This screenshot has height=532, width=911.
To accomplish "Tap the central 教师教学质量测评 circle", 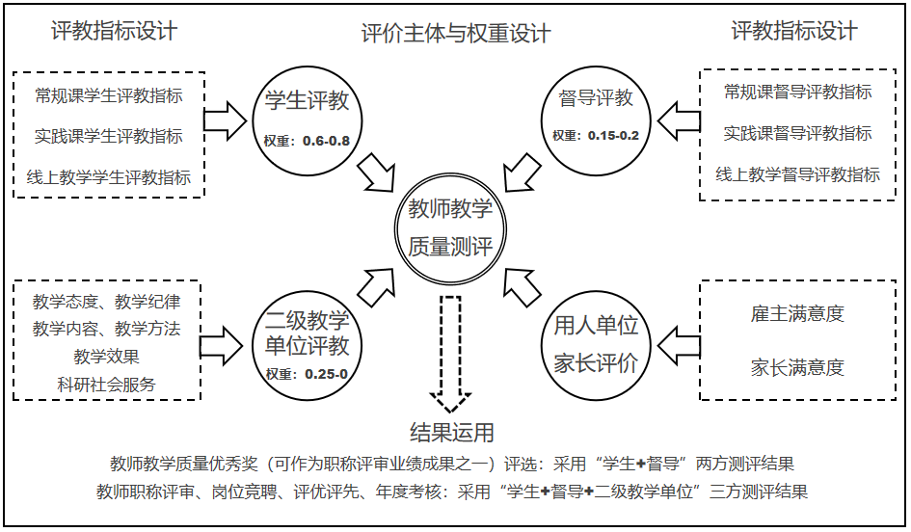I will click(450, 227).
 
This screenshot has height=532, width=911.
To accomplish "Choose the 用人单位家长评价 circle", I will click(595, 342).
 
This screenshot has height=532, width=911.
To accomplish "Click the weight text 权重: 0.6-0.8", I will click(307, 141).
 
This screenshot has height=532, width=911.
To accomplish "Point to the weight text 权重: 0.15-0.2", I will click(595, 136).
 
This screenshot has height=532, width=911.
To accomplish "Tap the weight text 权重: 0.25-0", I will click(307, 374).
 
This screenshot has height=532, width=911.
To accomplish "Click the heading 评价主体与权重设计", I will click(456, 34).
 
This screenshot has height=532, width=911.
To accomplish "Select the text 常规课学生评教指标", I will click(108, 95).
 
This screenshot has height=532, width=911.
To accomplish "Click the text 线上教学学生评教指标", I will click(108, 177).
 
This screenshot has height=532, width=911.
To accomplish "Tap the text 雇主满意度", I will click(797, 314).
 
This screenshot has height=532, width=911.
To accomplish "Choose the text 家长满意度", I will click(797, 367).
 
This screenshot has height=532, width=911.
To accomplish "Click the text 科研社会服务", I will click(106, 384).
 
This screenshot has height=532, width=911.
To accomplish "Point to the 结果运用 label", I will click(451, 431).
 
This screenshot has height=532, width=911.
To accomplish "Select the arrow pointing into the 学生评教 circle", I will click(228, 118).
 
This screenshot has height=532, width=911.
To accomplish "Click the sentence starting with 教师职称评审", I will click(451, 492).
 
